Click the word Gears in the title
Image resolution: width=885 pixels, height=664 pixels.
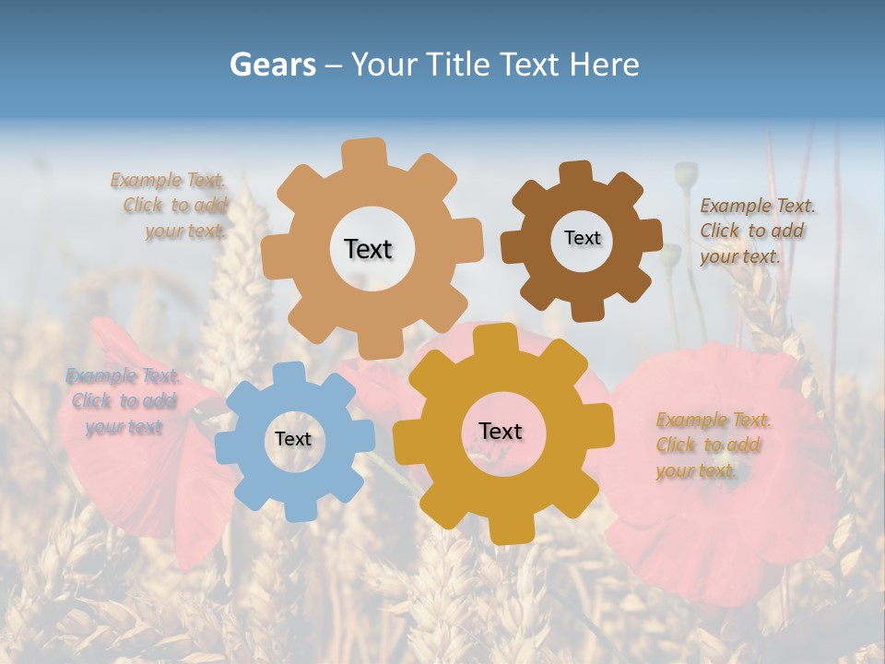coord(272,65)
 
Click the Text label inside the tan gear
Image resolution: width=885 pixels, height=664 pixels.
coord(368,249)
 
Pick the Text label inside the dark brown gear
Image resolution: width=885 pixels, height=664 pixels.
coord(582,238)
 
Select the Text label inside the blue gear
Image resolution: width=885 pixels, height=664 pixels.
coord(293,439)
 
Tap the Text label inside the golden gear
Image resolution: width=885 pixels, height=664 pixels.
coord(501,431)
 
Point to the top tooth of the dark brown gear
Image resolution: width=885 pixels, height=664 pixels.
coord(575,172)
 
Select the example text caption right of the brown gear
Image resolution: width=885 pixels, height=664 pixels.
coord(757,231)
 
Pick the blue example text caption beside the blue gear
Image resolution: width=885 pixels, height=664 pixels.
coord(123,401)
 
